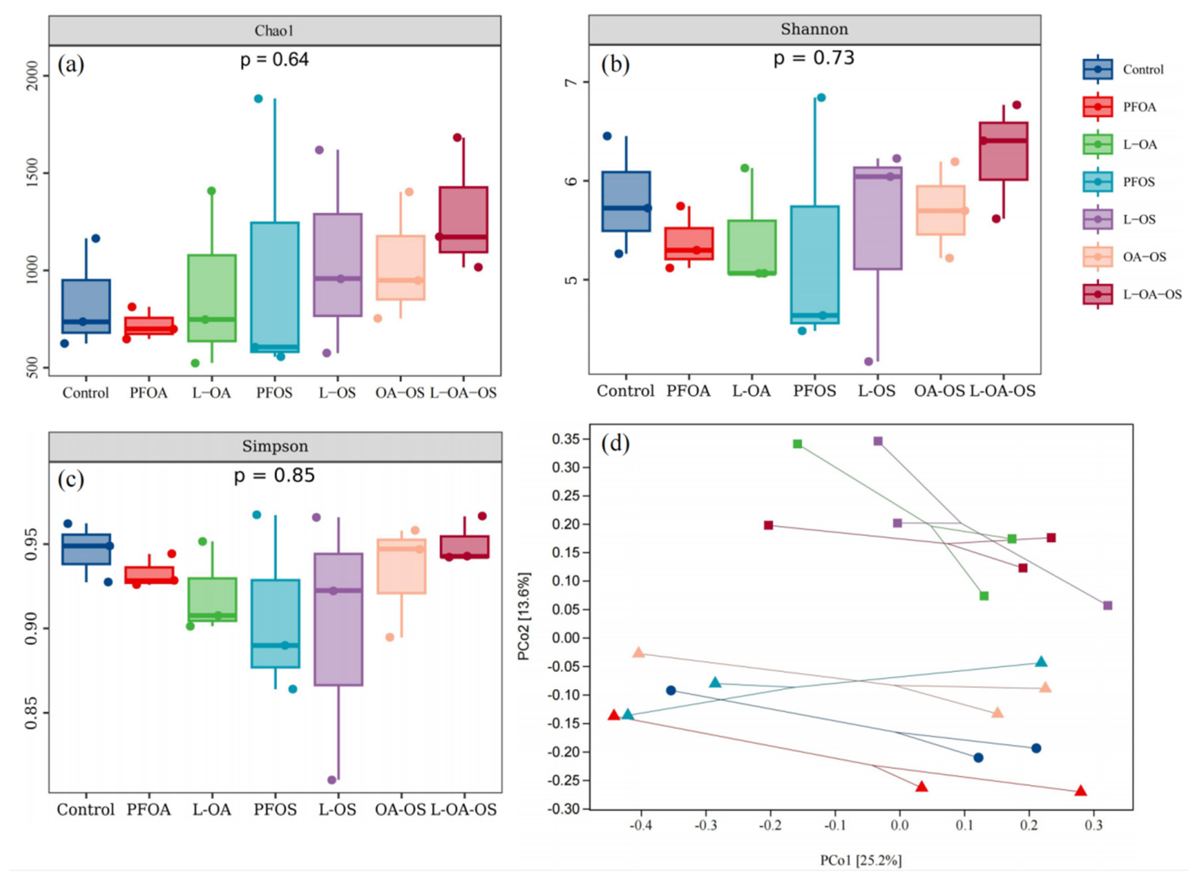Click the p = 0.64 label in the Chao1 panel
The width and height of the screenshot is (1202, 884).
click(274, 59)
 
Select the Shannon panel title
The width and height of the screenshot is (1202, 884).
click(814, 29)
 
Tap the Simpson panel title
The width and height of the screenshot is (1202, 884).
click(275, 446)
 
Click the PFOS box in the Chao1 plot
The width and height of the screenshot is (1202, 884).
click(275, 287)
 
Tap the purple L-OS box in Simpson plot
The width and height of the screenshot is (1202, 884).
click(338, 619)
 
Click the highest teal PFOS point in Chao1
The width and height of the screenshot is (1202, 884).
click(258, 98)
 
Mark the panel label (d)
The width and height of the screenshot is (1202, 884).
click(615, 444)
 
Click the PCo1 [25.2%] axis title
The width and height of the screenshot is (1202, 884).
click(860, 860)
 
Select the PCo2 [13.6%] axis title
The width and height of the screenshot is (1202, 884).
click(524, 616)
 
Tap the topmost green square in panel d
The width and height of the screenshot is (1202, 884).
click(797, 444)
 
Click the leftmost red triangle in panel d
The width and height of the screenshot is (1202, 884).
click(614, 715)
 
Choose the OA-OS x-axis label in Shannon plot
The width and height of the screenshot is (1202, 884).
click(939, 391)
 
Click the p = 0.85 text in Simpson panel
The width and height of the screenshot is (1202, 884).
click(274, 476)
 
